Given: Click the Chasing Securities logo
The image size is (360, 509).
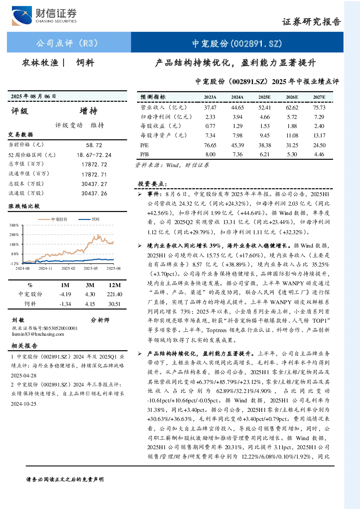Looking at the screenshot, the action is (x=44, y=16).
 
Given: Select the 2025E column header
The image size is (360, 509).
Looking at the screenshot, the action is (x=264, y=97).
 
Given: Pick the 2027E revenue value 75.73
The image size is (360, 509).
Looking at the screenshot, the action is (x=319, y=107).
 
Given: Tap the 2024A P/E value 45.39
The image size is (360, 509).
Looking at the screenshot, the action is (x=237, y=145).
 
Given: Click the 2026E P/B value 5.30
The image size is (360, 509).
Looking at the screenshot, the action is (x=292, y=154).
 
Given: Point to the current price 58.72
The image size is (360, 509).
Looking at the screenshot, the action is (x=94, y=145).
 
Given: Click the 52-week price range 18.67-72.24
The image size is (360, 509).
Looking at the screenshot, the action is (x=94, y=155).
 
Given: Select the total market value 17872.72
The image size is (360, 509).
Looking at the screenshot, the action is (x=94, y=165).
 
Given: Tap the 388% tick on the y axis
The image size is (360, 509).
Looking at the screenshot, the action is (x=14, y=225).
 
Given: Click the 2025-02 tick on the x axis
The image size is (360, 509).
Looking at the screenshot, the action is (x=68, y=268).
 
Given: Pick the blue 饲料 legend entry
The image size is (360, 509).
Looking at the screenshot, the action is (x=89, y=219).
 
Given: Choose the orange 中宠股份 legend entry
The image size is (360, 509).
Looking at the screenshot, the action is (x=53, y=219).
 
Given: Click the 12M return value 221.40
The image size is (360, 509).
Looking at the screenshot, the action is (x=115, y=294).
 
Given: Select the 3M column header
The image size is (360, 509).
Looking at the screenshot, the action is (x=90, y=285).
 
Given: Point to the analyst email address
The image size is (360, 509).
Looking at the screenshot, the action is (x=38, y=334).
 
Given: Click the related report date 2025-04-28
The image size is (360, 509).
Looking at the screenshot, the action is (x=24, y=376).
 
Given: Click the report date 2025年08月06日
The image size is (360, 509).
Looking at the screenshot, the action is (x=33, y=96).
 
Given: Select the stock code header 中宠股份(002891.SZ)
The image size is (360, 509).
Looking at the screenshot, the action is (x=237, y=44).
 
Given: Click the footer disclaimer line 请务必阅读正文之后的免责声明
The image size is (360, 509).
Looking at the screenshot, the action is (x=65, y=480).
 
